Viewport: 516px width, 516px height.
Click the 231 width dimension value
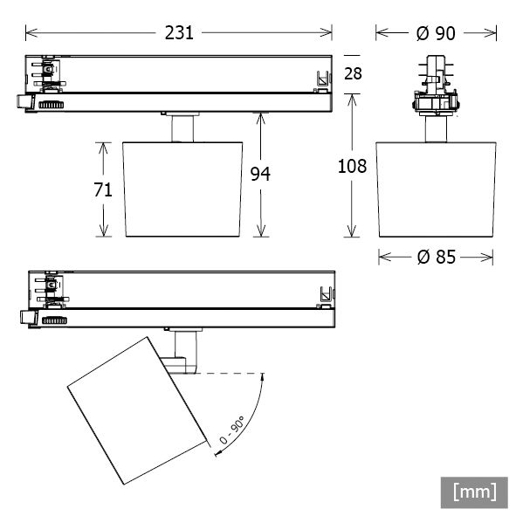[x=179, y=32]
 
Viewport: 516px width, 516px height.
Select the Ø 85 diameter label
[x=436, y=257]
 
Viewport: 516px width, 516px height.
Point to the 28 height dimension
[x=353, y=72]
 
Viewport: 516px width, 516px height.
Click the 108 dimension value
[x=352, y=166]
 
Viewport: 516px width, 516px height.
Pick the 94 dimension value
[x=260, y=174]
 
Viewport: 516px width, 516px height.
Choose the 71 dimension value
[x=103, y=189]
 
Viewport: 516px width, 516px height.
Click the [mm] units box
[x=474, y=492]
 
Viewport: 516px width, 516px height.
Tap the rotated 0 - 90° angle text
[x=233, y=431]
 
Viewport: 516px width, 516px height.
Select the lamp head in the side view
[x=436, y=189]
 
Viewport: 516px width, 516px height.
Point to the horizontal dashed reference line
[x=229, y=374]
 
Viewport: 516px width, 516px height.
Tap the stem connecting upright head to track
[x=182, y=127]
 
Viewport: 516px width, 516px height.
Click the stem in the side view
[x=436, y=129]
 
